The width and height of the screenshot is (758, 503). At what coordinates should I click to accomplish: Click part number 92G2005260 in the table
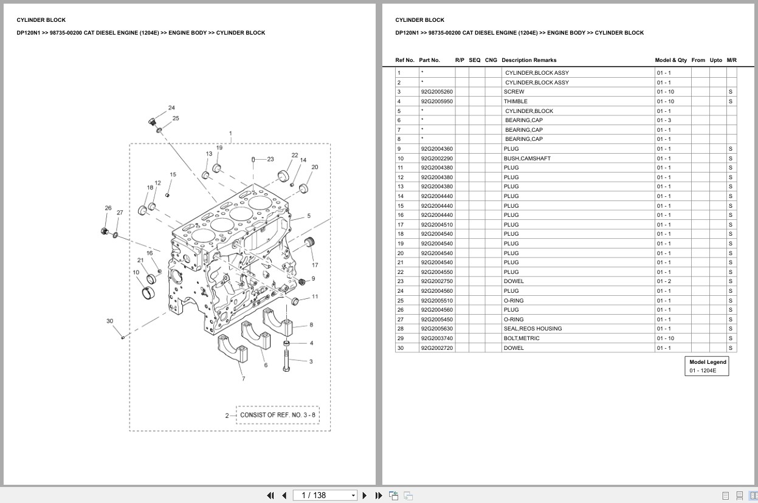[436, 92]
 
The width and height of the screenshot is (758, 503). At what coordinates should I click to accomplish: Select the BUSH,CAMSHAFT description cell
[527, 159]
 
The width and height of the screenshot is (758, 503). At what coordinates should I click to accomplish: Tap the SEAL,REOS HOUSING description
[532, 329]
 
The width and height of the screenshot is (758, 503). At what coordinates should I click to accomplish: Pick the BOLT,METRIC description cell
[522, 338]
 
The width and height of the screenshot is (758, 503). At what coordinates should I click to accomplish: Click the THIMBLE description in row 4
[515, 101]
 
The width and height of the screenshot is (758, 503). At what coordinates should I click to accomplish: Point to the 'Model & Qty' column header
[670, 60]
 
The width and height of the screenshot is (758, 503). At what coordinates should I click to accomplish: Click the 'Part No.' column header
[429, 60]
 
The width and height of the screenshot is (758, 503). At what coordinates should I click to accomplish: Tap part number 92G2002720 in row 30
[436, 348]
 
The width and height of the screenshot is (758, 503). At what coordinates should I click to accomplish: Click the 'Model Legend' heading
[708, 362]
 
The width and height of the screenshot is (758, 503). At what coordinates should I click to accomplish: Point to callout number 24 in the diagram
[171, 108]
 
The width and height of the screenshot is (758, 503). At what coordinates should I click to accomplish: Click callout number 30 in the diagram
[109, 321]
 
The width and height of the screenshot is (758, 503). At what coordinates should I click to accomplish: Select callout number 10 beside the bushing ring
[136, 273]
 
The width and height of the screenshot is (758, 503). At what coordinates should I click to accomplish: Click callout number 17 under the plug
[315, 265]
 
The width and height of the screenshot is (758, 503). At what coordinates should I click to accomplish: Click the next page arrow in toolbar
[365, 495]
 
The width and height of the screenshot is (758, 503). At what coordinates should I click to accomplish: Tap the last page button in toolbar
[379, 495]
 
